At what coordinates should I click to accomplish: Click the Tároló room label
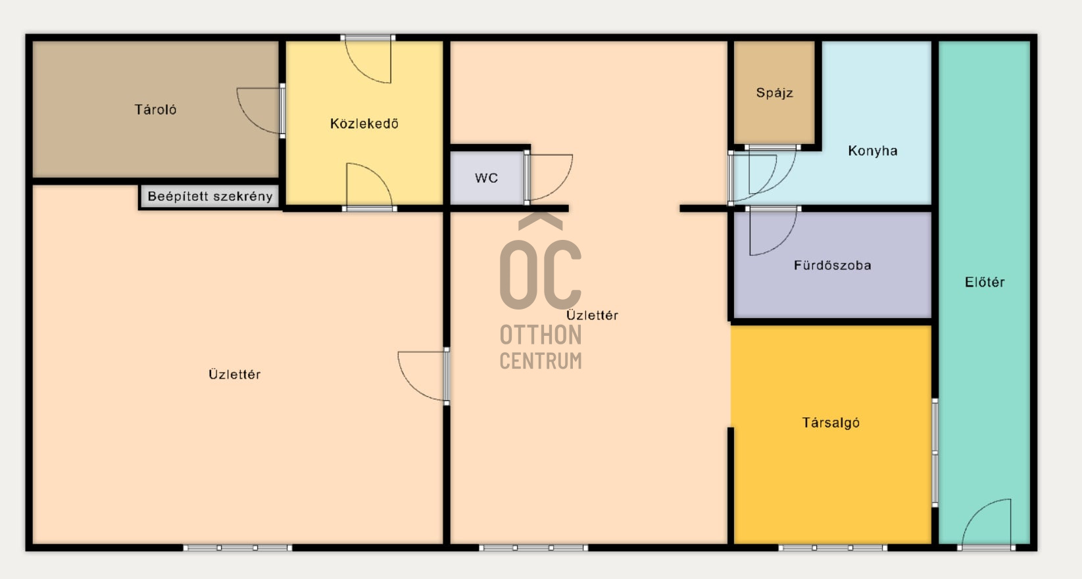pos(155,110)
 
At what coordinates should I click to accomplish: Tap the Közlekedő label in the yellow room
pos(364,124)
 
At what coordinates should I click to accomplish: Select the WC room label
pos(486,178)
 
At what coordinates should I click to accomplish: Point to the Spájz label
pos(774,93)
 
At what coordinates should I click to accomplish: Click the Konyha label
pos(873,151)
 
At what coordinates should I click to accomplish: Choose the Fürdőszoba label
pos(832,265)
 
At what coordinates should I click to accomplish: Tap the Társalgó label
pos(831,423)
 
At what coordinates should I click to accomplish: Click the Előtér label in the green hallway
pos(985,282)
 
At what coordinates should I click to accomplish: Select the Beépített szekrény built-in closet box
pos(210,197)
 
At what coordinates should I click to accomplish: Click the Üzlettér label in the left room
pos(234,375)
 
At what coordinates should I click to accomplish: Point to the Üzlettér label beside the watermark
pos(592,315)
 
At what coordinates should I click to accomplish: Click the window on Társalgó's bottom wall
pos(832,547)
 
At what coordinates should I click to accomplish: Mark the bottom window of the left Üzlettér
pos(237,547)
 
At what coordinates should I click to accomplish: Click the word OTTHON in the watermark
pos(541,335)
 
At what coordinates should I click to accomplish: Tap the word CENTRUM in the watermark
pos(541,361)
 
